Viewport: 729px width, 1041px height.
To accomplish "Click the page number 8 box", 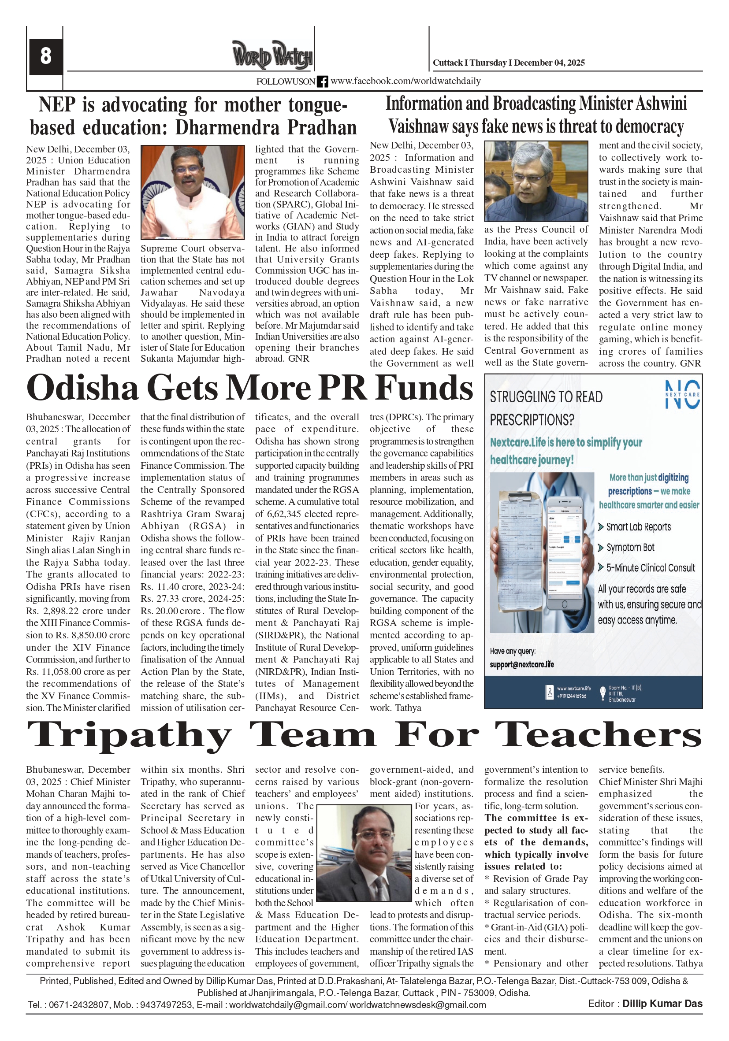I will tap(46, 56).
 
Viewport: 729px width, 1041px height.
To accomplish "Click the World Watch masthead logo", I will tap(272, 55).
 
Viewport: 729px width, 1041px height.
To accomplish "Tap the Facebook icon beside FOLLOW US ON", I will tap(322, 82).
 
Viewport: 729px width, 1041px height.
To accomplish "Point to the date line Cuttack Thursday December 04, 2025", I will tap(508, 63).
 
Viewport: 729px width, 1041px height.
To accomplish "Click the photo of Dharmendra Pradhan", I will tap(192, 192).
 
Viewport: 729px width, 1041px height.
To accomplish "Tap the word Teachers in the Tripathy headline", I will tap(598, 734).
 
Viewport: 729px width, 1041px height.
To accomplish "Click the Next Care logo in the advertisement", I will tap(682, 394).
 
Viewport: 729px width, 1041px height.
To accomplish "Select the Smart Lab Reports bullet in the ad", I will tap(638, 527).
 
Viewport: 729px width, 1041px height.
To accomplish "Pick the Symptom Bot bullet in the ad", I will tap(630, 548).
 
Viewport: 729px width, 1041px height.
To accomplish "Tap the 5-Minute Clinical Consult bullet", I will tap(650, 568).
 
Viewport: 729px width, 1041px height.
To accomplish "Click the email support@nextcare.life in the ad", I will tap(522, 665).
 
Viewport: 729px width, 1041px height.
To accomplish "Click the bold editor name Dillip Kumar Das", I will tap(662, 1004).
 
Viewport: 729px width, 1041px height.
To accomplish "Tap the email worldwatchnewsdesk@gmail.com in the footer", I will tap(417, 1005).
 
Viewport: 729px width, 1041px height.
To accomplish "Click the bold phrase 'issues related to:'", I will tap(523, 867).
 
